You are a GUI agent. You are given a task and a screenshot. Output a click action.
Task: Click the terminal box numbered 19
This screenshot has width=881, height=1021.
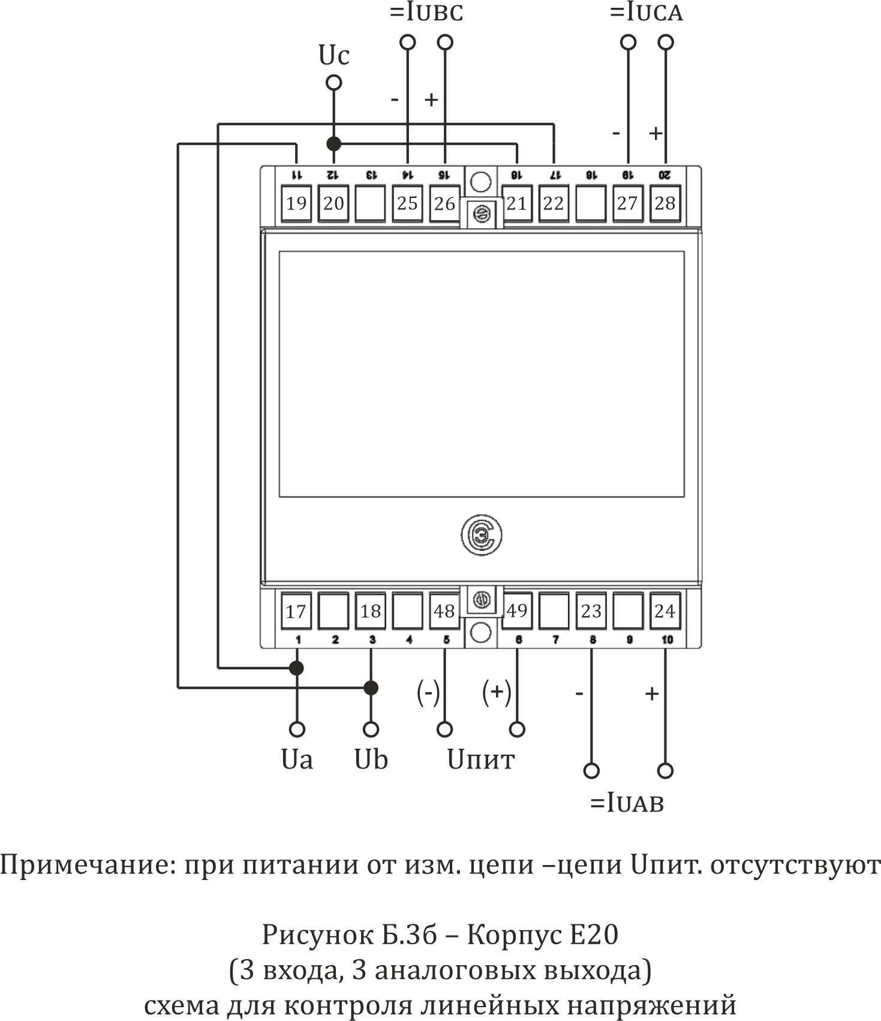[296, 203]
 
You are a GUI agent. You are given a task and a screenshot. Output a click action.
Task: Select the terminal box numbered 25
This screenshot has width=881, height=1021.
[407, 203]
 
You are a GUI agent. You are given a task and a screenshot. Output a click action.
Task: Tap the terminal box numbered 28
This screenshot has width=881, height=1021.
[664, 203]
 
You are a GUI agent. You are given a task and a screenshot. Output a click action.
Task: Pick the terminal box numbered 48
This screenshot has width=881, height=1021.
[444, 611]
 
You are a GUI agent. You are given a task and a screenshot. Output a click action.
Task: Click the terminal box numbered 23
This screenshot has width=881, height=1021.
[591, 611]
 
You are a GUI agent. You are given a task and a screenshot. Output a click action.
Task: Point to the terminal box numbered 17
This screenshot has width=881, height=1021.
[296, 611]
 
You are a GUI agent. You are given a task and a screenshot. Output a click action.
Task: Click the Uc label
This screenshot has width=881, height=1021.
[333, 56]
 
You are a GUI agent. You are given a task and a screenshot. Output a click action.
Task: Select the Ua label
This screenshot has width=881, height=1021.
[297, 759]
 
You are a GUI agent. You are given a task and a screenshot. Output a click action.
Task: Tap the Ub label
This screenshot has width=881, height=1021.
[371, 759]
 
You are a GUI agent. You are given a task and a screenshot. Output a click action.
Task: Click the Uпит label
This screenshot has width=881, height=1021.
[480, 759]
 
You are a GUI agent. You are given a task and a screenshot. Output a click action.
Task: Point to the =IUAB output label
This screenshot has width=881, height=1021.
[627, 803]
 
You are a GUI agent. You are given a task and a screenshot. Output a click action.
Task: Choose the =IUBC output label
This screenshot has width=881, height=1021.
[426, 13]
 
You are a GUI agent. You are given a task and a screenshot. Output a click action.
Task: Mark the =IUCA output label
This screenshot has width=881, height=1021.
[646, 13]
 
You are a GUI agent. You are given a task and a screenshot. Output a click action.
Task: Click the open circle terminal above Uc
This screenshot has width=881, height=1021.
[333, 82]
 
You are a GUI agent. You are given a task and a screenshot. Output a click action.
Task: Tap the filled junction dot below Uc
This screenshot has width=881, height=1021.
[333, 144]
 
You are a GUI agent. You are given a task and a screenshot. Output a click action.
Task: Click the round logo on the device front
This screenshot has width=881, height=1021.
[481, 535]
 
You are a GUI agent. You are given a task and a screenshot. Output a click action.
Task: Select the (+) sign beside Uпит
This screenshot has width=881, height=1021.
[497, 692]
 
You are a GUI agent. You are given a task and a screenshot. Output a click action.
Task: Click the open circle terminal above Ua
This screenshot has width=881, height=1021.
[297, 729]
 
